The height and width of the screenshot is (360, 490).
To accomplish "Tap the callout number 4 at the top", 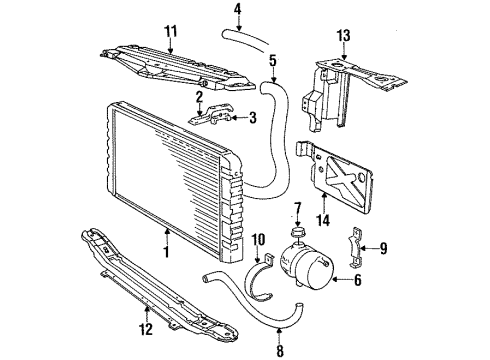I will coord(237,11).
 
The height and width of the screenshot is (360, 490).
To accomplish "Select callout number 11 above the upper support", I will coord(170,30).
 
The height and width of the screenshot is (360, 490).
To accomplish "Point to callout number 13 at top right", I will coord(343,37).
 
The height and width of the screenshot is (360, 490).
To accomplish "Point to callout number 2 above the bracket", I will coord(199,96).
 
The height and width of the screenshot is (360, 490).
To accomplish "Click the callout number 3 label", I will coord(252,118).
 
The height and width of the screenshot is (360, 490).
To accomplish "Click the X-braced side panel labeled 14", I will coord(346,179).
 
